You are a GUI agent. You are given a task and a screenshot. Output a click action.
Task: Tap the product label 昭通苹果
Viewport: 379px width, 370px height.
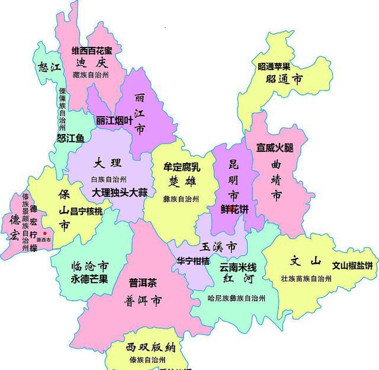(x=274, y=66)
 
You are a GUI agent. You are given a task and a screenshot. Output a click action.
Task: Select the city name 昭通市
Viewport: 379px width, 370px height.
(x=284, y=78)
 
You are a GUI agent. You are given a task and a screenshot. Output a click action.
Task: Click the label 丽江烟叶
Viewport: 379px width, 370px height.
(x=114, y=120)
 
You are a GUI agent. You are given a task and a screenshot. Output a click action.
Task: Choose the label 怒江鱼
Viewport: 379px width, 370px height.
(x=70, y=138)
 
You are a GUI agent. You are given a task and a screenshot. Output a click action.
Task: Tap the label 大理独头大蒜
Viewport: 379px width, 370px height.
(x=119, y=192)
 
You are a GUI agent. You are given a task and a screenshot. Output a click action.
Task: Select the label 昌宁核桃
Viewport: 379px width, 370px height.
(x=87, y=211)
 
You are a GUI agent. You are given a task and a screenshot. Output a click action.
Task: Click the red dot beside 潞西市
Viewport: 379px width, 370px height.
(x=44, y=234)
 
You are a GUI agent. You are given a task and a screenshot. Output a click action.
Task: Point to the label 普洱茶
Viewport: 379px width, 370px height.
(x=143, y=282)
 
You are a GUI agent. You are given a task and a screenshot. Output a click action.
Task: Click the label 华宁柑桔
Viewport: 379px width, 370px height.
(x=193, y=261)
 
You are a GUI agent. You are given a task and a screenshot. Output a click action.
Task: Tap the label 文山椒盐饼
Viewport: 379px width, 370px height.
(x=352, y=265)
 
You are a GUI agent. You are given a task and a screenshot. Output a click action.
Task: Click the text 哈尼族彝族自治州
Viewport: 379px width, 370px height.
(x=237, y=297)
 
